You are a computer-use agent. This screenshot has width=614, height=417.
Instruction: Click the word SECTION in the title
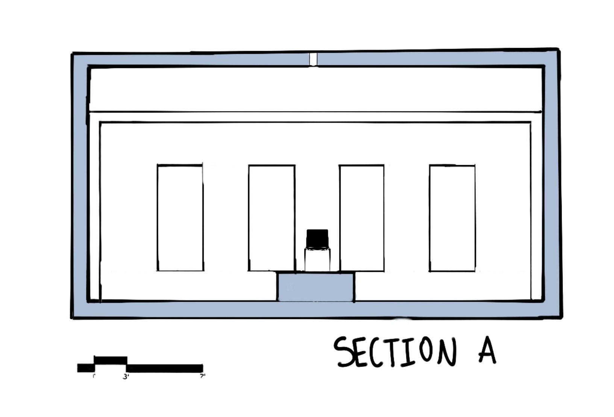[395, 352]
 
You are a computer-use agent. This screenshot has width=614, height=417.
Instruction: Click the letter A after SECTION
[487, 350]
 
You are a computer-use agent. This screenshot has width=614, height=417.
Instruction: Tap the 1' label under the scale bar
[94, 376]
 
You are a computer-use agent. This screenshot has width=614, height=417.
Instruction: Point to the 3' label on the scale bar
[126, 376]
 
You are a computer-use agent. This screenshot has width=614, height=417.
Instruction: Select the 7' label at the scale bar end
[203, 376]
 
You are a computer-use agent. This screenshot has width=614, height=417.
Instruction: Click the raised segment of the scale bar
[111, 360]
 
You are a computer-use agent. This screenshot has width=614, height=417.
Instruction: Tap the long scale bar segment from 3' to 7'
[165, 368]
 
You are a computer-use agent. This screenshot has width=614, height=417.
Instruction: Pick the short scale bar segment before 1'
[86, 368]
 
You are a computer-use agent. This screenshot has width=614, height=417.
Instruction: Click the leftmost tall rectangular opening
[180, 218]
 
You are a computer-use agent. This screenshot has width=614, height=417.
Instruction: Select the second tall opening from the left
[271, 218]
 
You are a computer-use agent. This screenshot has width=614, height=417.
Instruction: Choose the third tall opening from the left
[362, 218]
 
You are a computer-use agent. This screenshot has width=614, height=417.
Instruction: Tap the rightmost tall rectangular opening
[452, 218]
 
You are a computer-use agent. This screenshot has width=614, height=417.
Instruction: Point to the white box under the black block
[317, 259]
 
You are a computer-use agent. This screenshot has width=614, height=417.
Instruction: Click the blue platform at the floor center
[316, 287]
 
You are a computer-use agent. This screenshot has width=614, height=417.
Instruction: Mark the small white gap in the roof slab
[313, 59]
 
